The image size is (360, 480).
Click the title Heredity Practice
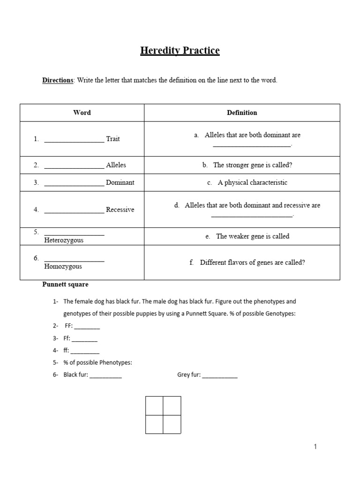point(180,51)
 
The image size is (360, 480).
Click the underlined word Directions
point(58,80)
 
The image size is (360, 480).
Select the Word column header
point(82,112)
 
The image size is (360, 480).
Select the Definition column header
point(242,112)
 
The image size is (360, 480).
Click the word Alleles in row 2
point(116,165)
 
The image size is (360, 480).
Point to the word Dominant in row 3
point(120,182)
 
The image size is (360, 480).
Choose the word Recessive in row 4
point(120,210)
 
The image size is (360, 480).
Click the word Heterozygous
point(64,240)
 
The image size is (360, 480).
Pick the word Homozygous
point(63,266)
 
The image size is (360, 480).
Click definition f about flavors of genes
point(247,262)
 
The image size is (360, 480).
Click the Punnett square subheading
point(65,285)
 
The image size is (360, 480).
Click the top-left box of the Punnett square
point(154,405)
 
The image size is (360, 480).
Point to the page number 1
point(315,447)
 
